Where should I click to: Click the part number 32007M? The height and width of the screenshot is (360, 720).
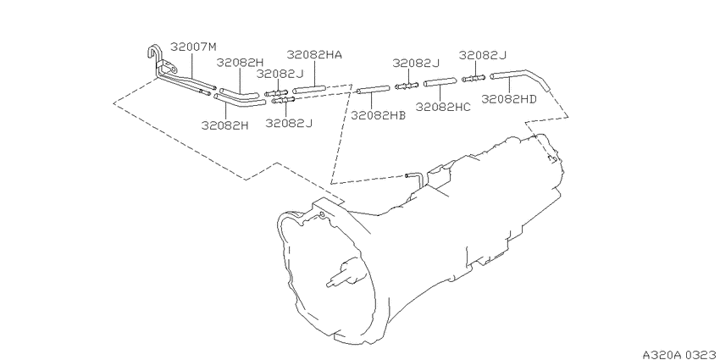pyautogui.click(x=193, y=47)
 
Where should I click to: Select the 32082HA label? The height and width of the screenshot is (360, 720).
pyautogui.click(x=314, y=55)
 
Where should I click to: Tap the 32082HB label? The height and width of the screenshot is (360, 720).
pyautogui.click(x=379, y=115)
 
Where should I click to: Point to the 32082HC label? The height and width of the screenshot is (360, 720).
pyautogui.click(x=443, y=107)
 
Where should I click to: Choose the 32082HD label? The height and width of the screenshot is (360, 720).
pyautogui.click(x=509, y=99)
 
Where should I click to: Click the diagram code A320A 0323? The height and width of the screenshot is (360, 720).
pyautogui.click(x=680, y=354)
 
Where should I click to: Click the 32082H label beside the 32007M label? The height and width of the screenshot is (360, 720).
pyautogui.click(x=241, y=63)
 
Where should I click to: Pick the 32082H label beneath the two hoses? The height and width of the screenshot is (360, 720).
pyautogui.click(x=225, y=125)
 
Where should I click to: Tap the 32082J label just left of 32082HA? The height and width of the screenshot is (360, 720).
pyautogui.click(x=280, y=75)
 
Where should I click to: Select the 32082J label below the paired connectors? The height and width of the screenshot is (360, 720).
pyautogui.click(x=290, y=123)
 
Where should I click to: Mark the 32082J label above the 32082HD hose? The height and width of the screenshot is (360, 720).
pyautogui.click(x=483, y=56)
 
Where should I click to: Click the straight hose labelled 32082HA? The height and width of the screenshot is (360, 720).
pyautogui.click(x=309, y=89)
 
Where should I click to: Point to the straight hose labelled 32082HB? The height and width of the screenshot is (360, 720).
pyautogui.click(x=373, y=89)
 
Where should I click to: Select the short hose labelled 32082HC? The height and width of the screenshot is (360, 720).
pyautogui.click(x=440, y=83)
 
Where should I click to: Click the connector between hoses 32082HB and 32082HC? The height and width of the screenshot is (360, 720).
pyautogui.click(x=407, y=86)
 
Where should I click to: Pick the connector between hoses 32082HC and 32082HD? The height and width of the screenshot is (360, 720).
pyautogui.click(x=474, y=79)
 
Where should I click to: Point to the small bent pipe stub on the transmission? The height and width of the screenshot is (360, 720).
pyautogui.click(x=414, y=177)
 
